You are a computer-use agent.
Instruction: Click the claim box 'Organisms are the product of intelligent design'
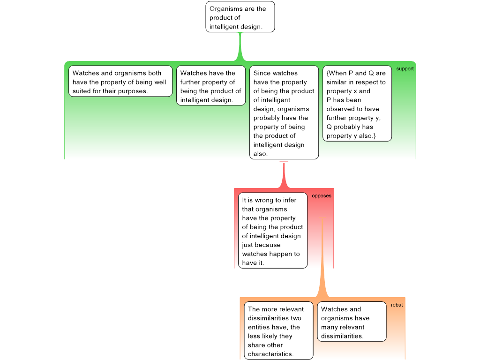[x=240, y=17]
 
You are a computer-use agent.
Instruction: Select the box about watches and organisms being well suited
[x=120, y=81]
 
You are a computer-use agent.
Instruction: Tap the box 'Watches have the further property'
[x=211, y=85]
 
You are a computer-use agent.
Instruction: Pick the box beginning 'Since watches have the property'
[x=284, y=112]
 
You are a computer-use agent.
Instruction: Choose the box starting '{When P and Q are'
[x=357, y=104]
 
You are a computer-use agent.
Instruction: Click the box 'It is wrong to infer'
[x=273, y=231]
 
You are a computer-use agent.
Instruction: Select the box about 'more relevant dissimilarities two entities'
[x=278, y=330]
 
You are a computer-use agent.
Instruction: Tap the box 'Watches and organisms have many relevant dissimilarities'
[x=352, y=322]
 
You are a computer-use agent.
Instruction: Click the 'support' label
[x=405, y=69]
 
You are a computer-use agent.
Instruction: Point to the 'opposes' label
[x=322, y=196]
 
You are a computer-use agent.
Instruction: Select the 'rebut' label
[x=397, y=305]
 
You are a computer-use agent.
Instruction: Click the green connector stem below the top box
[x=240, y=46]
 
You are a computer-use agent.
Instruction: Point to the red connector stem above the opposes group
[x=284, y=175]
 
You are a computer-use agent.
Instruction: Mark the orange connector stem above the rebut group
[x=322, y=257]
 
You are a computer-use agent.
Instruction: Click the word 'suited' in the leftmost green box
[x=82, y=91]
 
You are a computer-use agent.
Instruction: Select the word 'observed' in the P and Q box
[x=340, y=109]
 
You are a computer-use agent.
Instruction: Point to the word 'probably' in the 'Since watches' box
[x=266, y=118]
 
